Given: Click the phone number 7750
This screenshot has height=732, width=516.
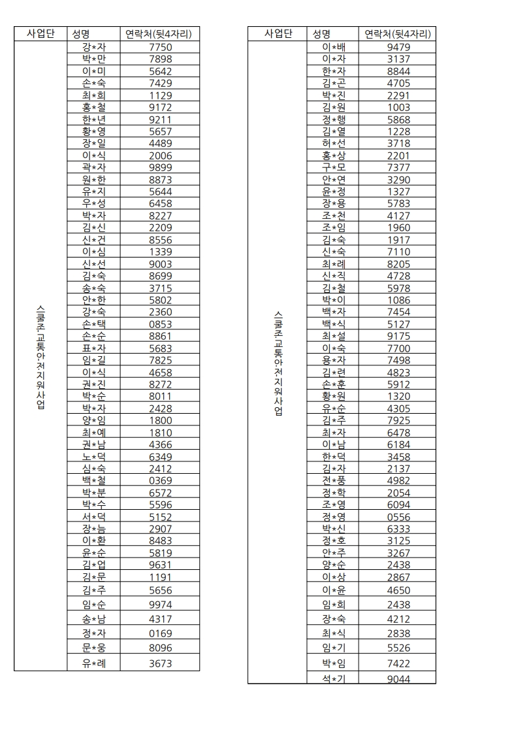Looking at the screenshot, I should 161,48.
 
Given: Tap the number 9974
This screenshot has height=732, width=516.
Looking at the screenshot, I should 161,605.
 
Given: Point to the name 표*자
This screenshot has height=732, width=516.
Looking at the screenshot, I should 94,348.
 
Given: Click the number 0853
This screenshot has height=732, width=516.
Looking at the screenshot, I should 161,324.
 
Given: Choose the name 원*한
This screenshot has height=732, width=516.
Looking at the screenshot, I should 94,180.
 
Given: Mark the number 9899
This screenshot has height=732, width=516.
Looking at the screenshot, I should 161,168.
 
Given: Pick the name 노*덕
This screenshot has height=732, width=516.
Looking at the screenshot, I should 94,456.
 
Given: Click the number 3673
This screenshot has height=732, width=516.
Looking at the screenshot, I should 161,663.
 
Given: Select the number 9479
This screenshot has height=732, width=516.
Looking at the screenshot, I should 398,48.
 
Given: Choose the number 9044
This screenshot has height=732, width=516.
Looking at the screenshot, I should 398,679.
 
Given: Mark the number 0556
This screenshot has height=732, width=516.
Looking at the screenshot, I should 398,517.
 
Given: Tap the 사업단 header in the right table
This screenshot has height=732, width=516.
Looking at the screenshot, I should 278,34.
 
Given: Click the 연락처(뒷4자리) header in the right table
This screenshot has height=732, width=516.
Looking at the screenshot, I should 398,34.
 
